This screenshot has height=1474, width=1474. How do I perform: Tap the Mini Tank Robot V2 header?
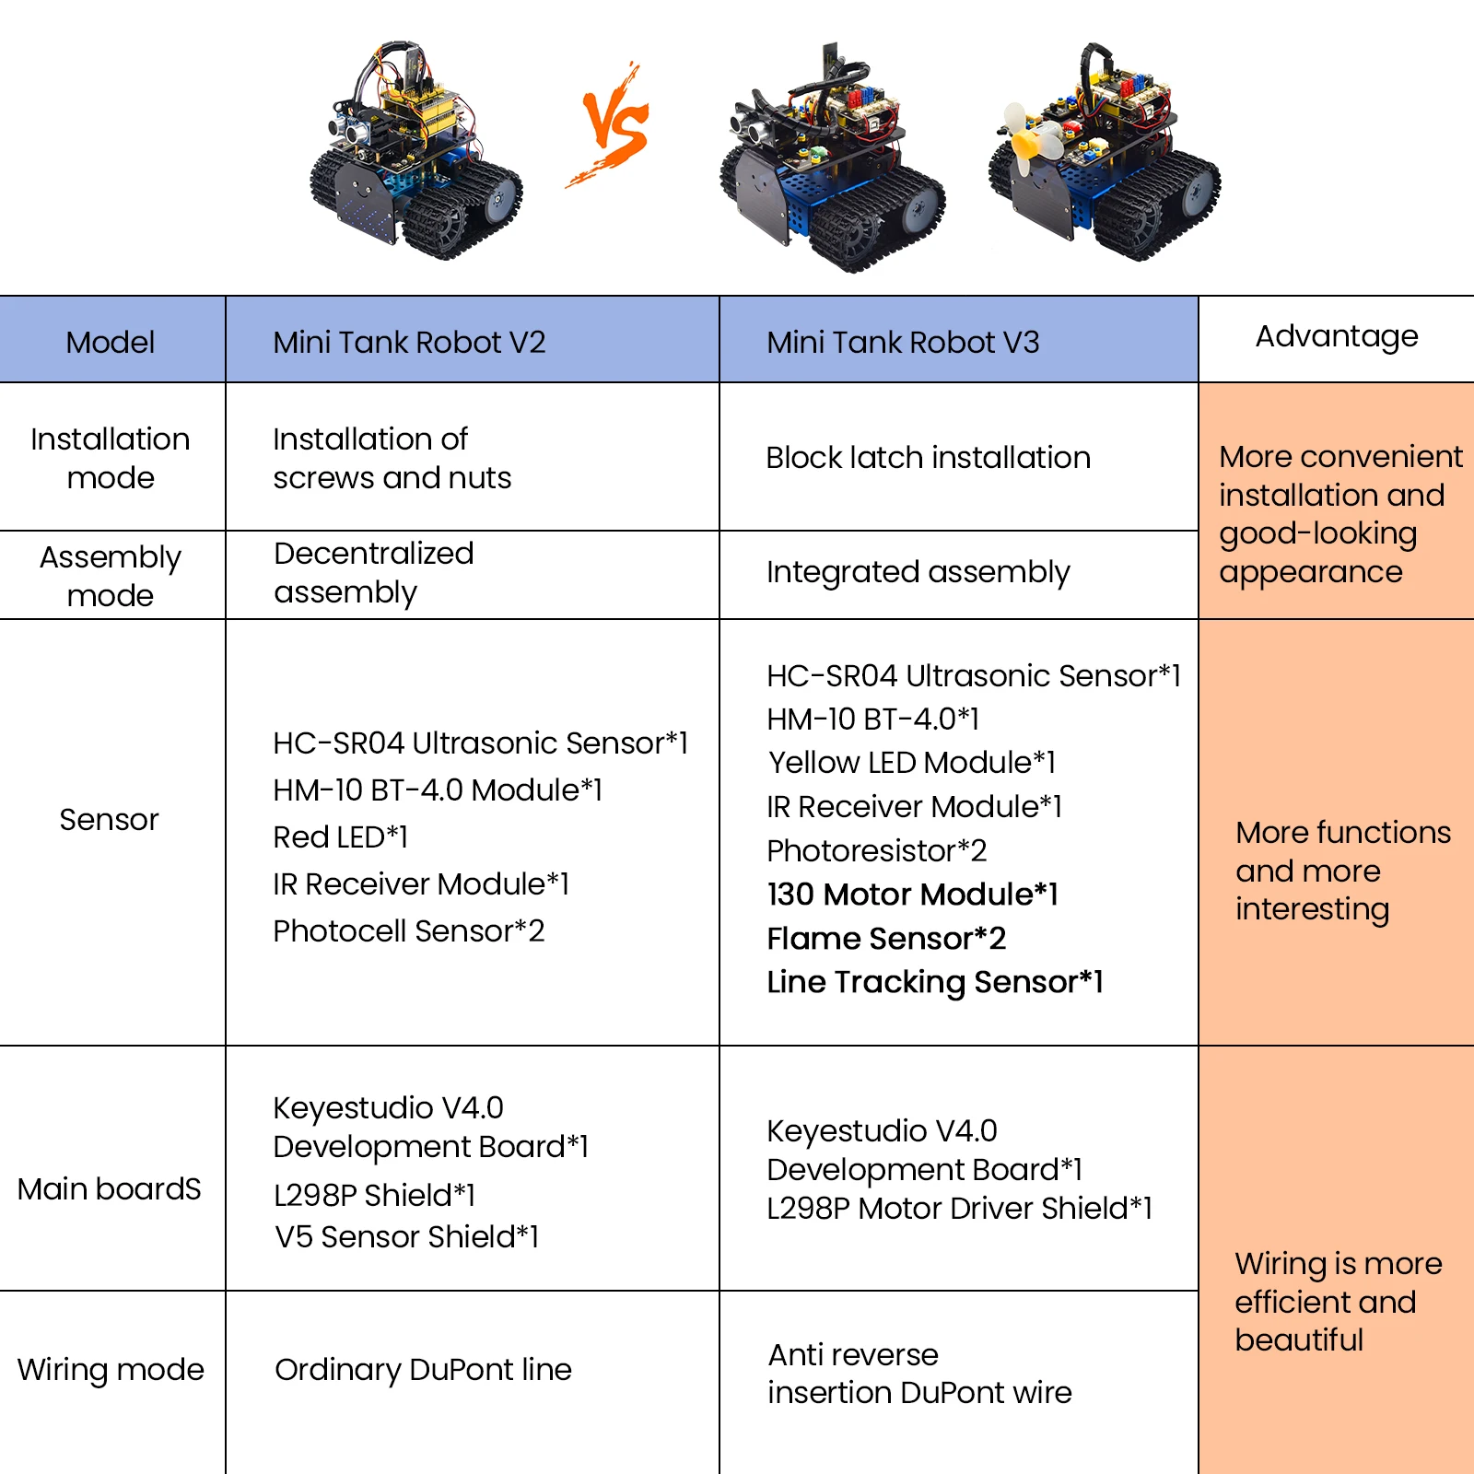(409, 343)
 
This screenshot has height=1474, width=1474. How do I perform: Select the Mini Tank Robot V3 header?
(903, 343)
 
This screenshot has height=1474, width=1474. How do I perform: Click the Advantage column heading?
(1336, 336)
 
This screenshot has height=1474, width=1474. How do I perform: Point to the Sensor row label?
(109, 819)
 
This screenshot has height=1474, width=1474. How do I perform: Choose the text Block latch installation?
(928, 458)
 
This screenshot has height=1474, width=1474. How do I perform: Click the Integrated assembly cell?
(918, 572)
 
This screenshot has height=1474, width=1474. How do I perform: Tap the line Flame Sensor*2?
(886, 938)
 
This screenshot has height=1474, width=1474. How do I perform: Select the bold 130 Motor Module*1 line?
(912, 894)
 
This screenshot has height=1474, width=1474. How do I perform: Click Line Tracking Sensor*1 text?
(934, 982)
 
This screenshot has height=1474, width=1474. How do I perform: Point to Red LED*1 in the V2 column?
(340, 836)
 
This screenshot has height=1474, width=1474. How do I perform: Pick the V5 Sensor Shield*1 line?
(406, 1236)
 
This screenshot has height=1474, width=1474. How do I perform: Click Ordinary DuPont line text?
(423, 1370)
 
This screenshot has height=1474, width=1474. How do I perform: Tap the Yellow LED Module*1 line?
(911, 763)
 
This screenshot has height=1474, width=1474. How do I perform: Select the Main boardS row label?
(109, 1189)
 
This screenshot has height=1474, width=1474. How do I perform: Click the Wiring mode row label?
(111, 1370)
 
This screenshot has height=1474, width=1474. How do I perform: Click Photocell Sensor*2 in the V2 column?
(408, 930)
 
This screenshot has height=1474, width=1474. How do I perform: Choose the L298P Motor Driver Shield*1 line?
(959, 1208)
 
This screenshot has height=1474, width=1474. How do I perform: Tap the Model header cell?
(111, 343)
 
